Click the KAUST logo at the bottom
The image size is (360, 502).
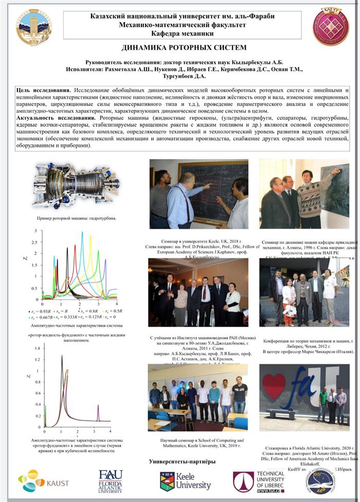coord(38,480)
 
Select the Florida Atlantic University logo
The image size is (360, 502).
coord(111,481)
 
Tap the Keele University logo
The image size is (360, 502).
coord(185,481)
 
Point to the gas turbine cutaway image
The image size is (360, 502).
coord(76,185)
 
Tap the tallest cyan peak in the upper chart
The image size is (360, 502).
coord(82,233)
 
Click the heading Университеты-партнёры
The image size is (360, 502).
coord(182,461)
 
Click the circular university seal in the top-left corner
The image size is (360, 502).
coord(34,27)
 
